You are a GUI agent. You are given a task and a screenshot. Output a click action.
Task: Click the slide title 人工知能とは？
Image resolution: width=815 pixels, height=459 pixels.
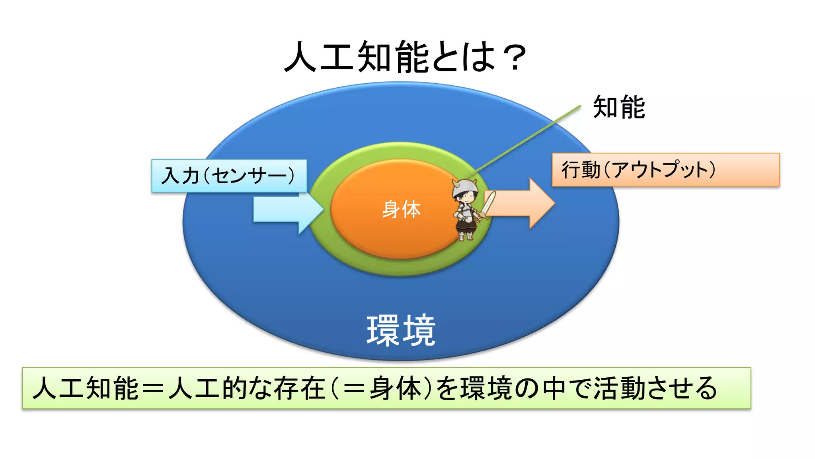click(x=405, y=57)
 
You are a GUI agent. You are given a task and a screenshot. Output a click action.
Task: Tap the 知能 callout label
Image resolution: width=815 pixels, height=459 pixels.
click(x=619, y=107)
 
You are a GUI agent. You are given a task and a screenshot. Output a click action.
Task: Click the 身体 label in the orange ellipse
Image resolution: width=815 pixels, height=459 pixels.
click(x=401, y=209)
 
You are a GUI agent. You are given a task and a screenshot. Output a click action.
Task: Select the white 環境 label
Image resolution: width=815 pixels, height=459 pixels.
click(x=401, y=330)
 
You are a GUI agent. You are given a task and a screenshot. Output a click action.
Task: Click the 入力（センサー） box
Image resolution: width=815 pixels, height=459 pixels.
click(x=229, y=176)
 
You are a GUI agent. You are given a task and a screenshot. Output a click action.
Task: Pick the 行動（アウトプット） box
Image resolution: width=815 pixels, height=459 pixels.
click(x=665, y=170)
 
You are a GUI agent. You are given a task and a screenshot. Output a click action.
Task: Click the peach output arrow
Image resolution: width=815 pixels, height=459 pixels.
click(x=521, y=204)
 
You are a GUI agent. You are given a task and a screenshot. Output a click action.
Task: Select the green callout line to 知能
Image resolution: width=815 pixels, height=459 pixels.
click(x=525, y=141)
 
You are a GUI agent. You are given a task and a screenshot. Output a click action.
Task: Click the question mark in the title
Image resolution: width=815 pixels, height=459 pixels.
click(x=515, y=58)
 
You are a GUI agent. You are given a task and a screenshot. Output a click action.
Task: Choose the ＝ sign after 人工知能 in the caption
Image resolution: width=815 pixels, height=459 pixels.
click(x=153, y=389)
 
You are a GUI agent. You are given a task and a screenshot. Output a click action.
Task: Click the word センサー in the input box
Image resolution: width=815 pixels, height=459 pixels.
click(x=249, y=176)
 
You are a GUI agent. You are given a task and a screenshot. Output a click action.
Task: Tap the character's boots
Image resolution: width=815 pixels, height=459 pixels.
click(x=466, y=236)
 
